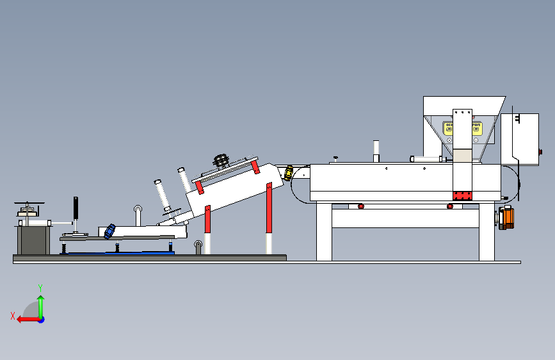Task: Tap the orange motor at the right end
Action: (506, 217)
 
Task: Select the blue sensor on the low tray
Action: (111, 231)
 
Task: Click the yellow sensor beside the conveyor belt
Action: (289, 172)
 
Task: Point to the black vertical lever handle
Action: (76, 209)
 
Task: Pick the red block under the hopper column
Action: (462, 195)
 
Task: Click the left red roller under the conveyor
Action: (360, 206)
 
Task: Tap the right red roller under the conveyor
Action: (450, 206)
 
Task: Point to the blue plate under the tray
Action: (122, 253)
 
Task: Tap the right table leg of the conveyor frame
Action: (487, 234)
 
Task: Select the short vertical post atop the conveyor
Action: (376, 151)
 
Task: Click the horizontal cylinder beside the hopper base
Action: (426, 158)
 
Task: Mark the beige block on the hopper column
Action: (462, 154)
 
